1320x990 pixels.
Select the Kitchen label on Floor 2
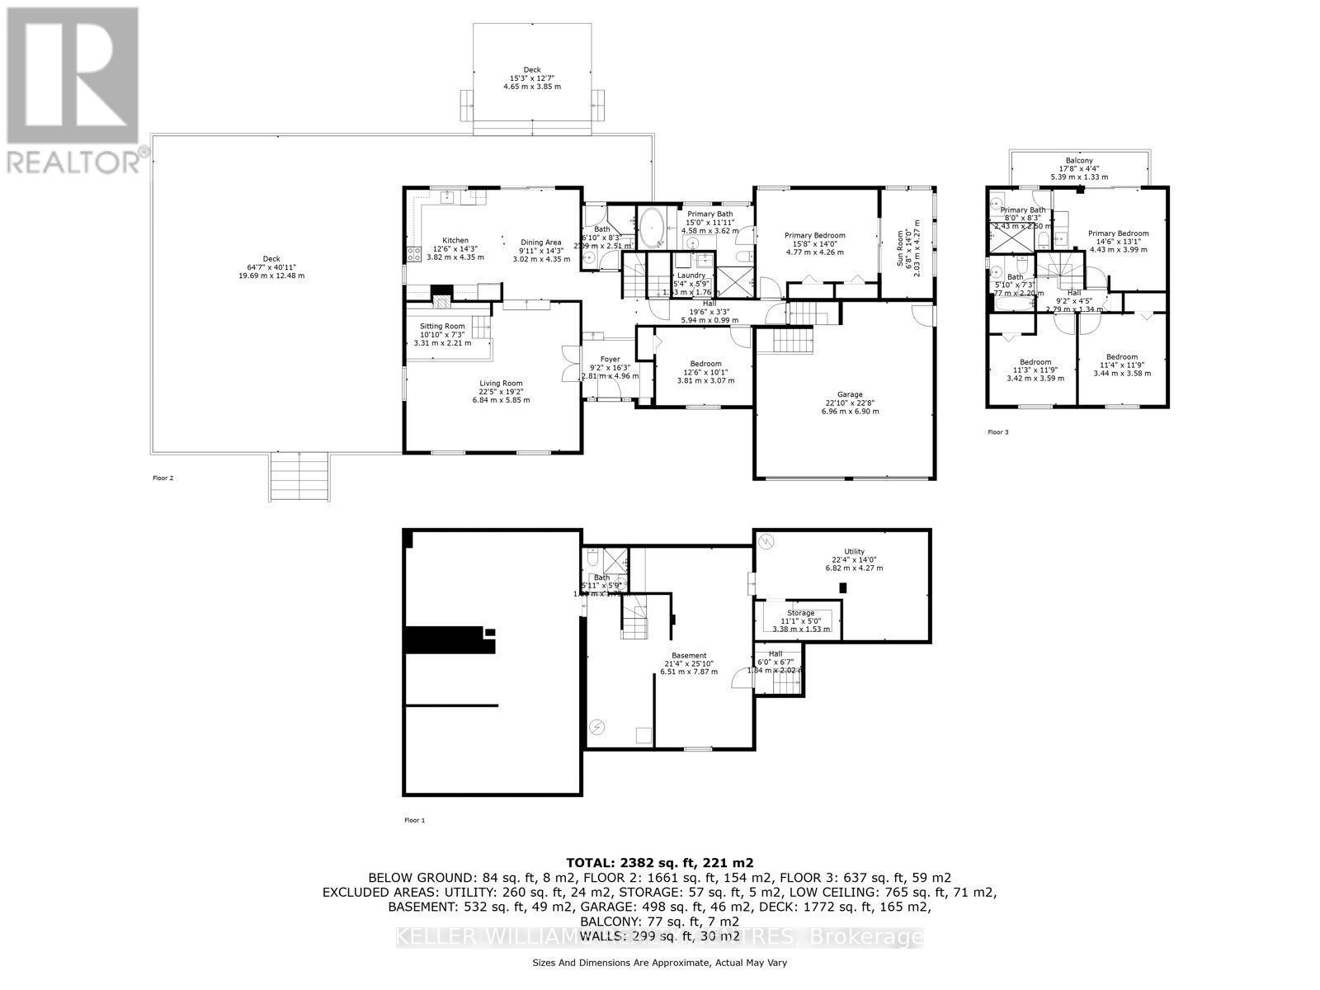click(x=455, y=241)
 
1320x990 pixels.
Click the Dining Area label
click(x=541, y=243)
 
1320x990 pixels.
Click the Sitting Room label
click(x=442, y=327)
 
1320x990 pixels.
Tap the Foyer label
click(x=610, y=360)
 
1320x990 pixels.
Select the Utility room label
click(x=854, y=552)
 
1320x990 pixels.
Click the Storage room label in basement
click(x=800, y=613)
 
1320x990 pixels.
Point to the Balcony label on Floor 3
click(x=1079, y=161)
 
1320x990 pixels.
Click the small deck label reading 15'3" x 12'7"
click(x=533, y=78)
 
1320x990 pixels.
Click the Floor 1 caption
click(x=414, y=820)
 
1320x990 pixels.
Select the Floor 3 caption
click(x=997, y=432)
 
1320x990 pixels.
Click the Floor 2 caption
click(x=163, y=478)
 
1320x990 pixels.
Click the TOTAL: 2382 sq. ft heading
click(x=659, y=862)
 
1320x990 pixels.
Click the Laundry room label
click(x=691, y=276)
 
